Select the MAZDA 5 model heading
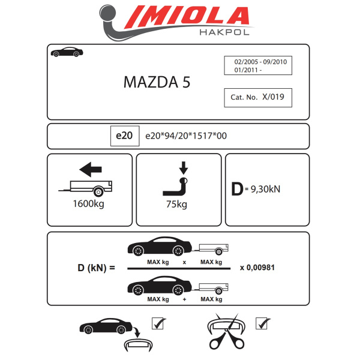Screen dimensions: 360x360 (x=157, y=83)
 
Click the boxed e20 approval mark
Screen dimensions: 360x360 (x=124, y=136)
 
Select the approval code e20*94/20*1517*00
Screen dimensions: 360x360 (x=186, y=136)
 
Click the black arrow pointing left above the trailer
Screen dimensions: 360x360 (x=89, y=171)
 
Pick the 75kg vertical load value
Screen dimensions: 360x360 (x=178, y=204)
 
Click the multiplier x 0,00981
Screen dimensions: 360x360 (x=257, y=267)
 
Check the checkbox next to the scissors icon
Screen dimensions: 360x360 (x=262, y=324)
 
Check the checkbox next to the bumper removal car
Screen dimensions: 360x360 (x=158, y=324)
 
